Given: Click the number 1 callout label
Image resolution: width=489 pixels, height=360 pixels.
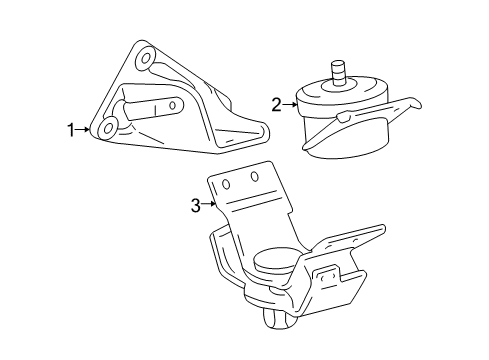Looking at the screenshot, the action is [x=71, y=128].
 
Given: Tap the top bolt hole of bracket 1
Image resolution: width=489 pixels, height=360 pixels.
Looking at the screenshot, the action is [x=146, y=59].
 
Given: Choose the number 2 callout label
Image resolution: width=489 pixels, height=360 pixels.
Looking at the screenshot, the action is [x=276, y=103].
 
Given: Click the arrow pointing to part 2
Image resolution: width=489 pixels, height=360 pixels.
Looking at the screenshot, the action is [x=290, y=103].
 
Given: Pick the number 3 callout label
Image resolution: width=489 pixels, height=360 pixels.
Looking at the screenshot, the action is [x=196, y=207].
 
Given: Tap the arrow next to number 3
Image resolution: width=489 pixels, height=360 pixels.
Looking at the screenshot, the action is [x=209, y=207].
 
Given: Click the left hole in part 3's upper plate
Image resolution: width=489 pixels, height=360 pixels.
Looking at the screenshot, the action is [x=227, y=183].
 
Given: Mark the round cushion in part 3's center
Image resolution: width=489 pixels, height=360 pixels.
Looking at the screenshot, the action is [x=271, y=262].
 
